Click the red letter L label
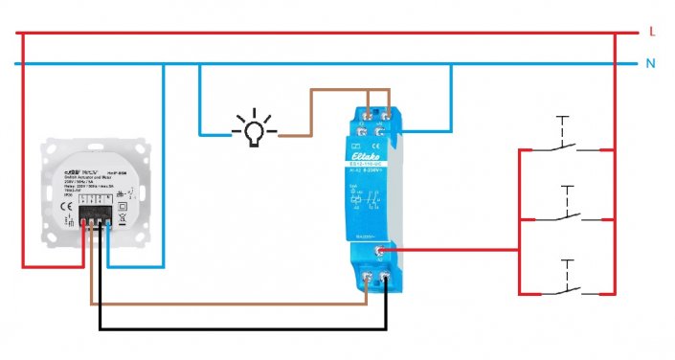click(x=652, y=32)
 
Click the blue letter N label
click(x=652, y=64)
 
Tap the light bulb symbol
click(x=253, y=131)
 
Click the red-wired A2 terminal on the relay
click(x=382, y=249)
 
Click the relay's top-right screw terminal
click(x=382, y=117)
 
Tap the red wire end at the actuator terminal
click(x=89, y=225)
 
